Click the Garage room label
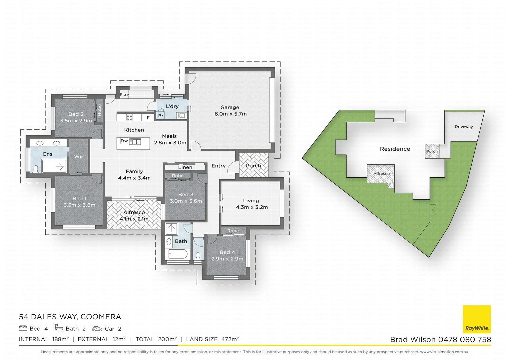coord(230,107)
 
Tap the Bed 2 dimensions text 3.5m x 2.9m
coord(76,121)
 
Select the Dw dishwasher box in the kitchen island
coord(124,141)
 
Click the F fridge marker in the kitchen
coord(148,118)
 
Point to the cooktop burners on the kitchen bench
coord(129,117)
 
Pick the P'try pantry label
coord(124,95)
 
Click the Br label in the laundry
coord(161,116)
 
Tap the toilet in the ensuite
coord(36,169)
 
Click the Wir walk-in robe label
coord(79,157)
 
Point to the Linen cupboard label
coord(185,167)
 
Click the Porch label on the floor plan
coord(253,166)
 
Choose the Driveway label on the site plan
coord(463,127)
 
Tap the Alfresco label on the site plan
coord(381,174)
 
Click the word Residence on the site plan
coord(395,149)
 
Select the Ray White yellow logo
coord(477,319)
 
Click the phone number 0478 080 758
coord(464,340)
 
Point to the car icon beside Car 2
coord(97,329)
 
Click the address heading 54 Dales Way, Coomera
coord(70,317)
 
